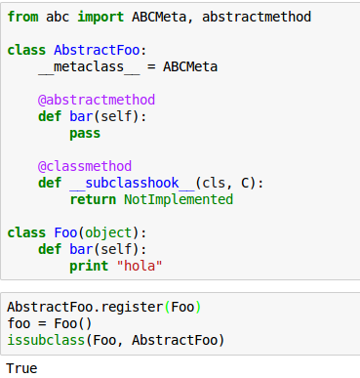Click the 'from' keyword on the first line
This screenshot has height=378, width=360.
tap(22, 17)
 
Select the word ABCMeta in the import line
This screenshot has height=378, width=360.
tap(151, 17)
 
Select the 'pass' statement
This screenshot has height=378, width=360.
tap(86, 133)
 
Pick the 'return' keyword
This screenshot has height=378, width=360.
tap(94, 199)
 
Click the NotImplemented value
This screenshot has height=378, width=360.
tap(179, 199)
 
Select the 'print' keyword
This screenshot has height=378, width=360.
tap(90, 266)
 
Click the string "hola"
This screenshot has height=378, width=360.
tap(139, 266)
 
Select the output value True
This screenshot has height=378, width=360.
tap(22, 368)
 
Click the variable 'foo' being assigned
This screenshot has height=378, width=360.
tap(19, 323)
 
